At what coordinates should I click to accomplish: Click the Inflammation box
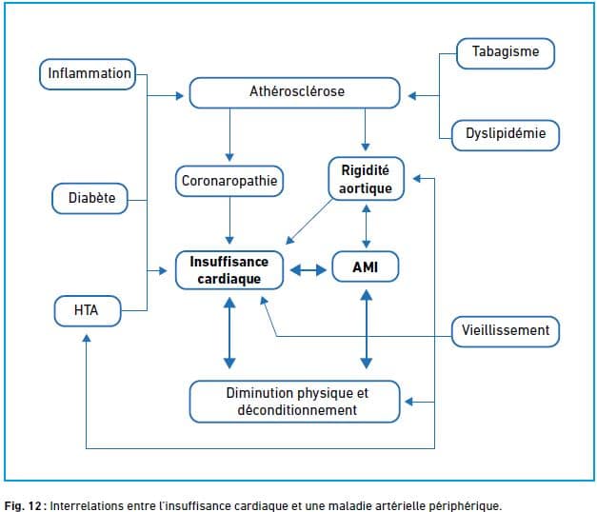[88, 74]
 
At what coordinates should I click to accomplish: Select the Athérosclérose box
[295, 93]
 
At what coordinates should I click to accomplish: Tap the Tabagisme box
[506, 53]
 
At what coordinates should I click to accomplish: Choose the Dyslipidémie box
[506, 135]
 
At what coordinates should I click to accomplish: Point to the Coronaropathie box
[229, 181]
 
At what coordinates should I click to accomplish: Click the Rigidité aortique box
[366, 179]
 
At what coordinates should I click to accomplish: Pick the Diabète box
[90, 198]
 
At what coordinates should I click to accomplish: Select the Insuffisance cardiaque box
[229, 270]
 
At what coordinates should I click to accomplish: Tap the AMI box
[366, 266]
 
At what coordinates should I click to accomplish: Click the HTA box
[88, 311]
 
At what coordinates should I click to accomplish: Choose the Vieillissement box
[506, 331]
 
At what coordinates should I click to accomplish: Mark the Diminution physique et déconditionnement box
[295, 402]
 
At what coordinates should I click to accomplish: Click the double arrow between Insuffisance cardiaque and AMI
[308, 270]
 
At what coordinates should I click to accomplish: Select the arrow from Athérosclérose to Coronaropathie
[229, 135]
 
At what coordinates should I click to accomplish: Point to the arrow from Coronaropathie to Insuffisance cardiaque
[229, 221]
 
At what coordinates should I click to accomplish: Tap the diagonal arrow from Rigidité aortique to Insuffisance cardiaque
[308, 222]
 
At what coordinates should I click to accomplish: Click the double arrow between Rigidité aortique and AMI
[367, 226]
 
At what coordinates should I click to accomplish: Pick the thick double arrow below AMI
[367, 329]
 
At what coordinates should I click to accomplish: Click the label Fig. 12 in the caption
[23, 506]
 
